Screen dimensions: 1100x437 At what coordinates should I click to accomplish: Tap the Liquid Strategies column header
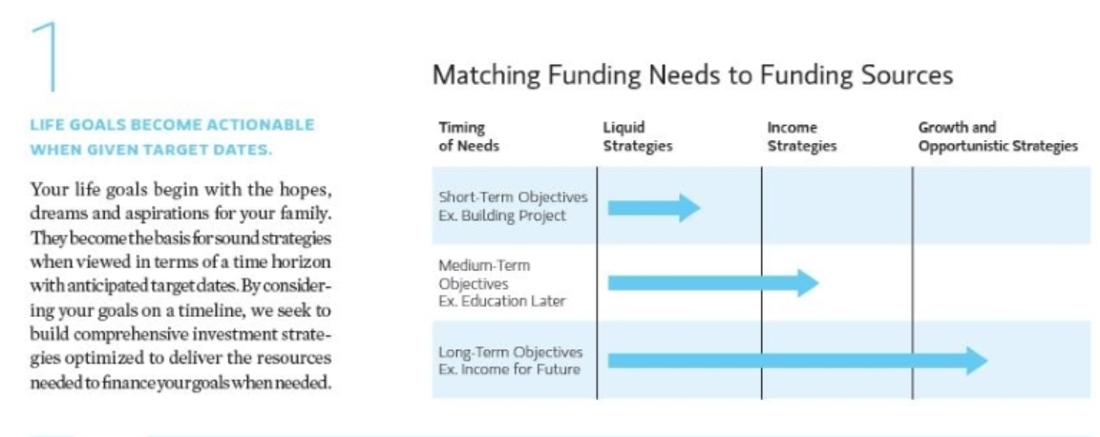[x=637, y=136]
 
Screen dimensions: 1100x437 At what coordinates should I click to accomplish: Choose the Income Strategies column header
[x=802, y=136]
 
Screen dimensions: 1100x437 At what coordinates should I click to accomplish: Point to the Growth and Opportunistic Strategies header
[x=998, y=136]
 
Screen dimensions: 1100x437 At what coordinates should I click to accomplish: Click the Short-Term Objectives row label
[x=513, y=198]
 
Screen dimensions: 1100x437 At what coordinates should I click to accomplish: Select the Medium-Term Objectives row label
[x=484, y=275]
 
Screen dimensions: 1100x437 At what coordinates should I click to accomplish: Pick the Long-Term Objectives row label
[x=510, y=352]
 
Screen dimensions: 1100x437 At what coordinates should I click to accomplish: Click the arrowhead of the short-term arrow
[x=688, y=208]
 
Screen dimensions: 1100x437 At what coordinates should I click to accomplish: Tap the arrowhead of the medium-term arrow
[x=808, y=282]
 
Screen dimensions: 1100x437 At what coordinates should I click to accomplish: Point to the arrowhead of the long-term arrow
[x=976, y=361]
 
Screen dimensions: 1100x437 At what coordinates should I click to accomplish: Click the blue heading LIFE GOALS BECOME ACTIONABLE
[x=172, y=126]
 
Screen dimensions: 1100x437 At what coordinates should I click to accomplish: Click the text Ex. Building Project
[x=502, y=216]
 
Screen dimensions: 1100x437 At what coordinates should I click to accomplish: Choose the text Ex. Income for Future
[x=509, y=369]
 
